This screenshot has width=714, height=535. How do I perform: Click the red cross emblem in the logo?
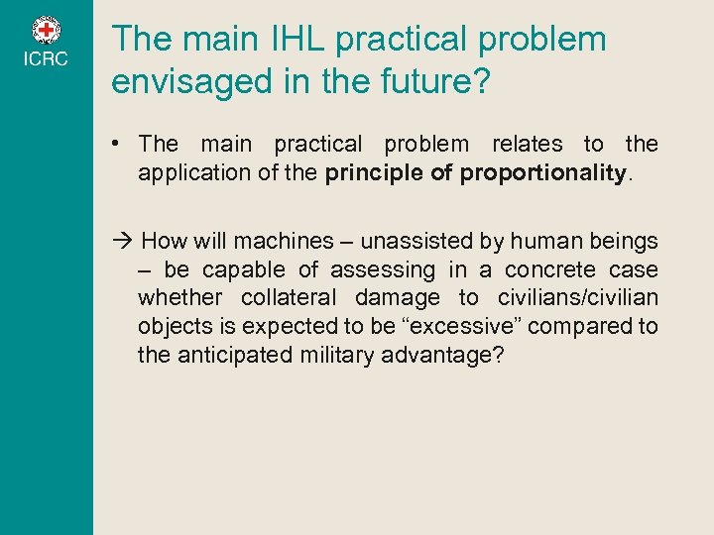[x=47, y=31]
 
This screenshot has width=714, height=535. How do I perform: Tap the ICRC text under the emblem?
[x=47, y=59]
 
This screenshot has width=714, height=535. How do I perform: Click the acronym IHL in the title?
[x=295, y=40]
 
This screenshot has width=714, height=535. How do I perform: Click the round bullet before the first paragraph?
[x=117, y=145]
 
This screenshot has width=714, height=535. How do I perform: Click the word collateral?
[x=290, y=298]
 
